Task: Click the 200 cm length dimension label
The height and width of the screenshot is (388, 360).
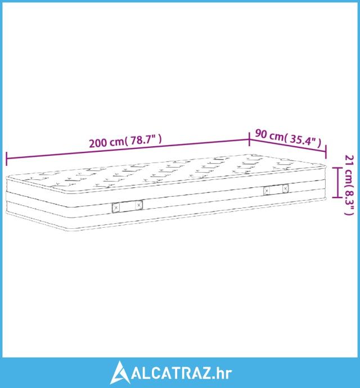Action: tap(125, 141)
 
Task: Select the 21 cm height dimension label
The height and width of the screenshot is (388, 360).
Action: tap(349, 185)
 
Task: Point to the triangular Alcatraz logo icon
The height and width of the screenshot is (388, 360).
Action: tap(120, 372)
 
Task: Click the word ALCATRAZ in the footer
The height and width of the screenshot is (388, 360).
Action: tap(171, 373)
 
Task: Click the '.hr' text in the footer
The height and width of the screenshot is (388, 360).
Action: tap(222, 373)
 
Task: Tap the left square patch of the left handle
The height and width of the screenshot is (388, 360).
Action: tap(116, 207)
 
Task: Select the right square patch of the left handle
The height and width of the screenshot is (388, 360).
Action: tap(139, 205)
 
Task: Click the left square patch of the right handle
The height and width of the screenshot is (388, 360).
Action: tap(267, 191)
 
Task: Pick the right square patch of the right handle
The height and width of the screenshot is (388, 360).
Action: tap(286, 189)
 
